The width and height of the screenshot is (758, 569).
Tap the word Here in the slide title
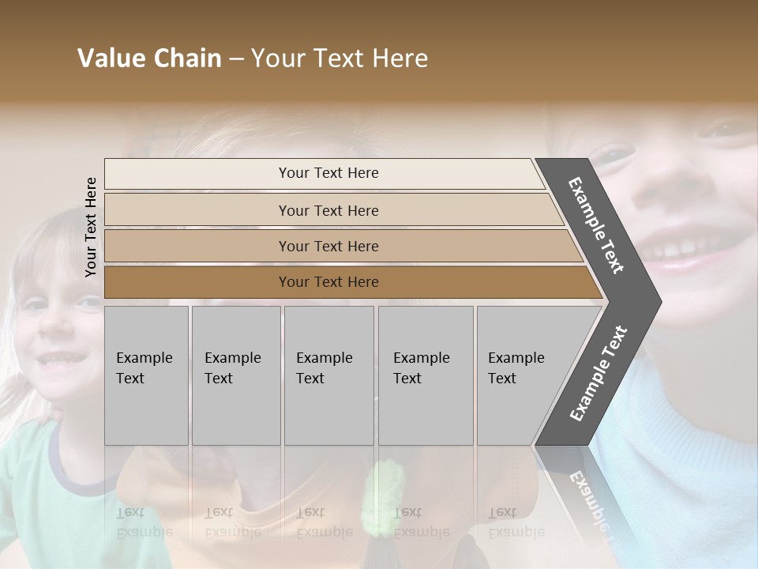click(399, 58)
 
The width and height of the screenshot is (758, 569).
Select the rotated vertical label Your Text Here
click(91, 227)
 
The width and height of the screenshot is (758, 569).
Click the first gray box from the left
click(146, 375)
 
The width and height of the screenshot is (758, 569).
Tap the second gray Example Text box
click(235, 375)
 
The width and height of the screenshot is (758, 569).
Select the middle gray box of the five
click(328, 375)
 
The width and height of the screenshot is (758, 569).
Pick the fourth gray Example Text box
click(425, 375)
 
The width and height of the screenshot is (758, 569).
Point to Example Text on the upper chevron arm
click(596, 225)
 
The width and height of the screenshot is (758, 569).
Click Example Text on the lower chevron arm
click(598, 374)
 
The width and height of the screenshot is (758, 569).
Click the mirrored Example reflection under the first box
click(144, 531)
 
